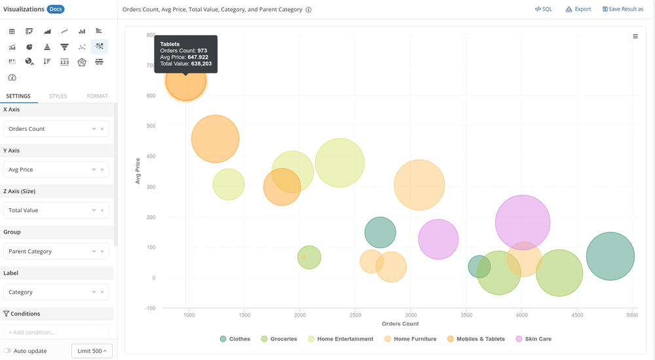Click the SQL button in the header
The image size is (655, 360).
pyautogui.click(x=543, y=9)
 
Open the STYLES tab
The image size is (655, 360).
pyautogui.click(x=58, y=96)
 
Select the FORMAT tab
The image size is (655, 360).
pyautogui.click(x=97, y=96)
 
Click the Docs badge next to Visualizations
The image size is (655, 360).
pyautogui.click(x=56, y=9)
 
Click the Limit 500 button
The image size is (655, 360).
pyautogui.click(x=92, y=351)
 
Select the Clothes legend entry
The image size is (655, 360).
pyautogui.click(x=234, y=339)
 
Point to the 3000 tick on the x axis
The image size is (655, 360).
pyautogui.click(x=411, y=315)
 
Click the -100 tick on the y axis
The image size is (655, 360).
pyautogui.click(x=150, y=308)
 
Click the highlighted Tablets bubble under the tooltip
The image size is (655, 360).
pyautogui.click(x=186, y=81)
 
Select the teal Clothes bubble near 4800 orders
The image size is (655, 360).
pyautogui.click(x=610, y=257)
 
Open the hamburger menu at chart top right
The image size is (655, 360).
pyautogui.click(x=635, y=37)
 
